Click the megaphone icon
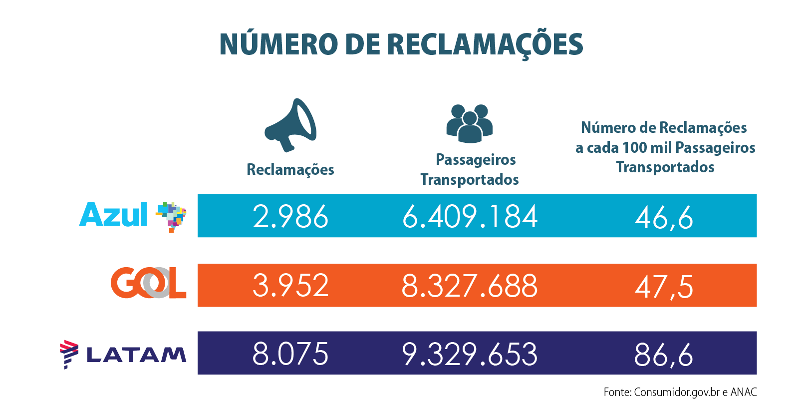290,125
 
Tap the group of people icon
469,123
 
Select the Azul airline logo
133,216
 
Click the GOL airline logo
148,283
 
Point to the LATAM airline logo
123,354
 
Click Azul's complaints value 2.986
290,217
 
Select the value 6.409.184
470,217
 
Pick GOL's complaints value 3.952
290,286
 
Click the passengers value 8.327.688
470,286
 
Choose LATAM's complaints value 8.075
290,354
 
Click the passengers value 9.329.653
470,354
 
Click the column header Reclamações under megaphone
290,170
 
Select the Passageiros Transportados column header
470,169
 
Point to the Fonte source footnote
680,392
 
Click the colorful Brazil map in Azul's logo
172,217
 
